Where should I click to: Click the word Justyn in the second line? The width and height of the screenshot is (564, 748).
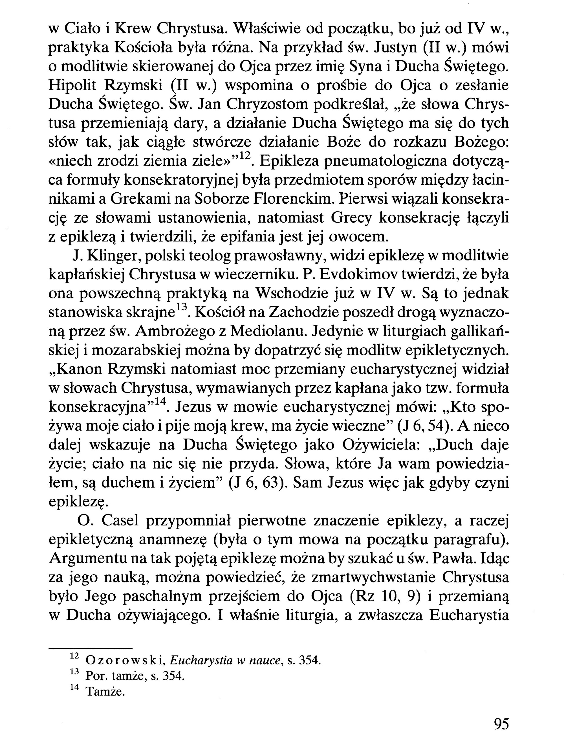pyautogui.click(x=392, y=48)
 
